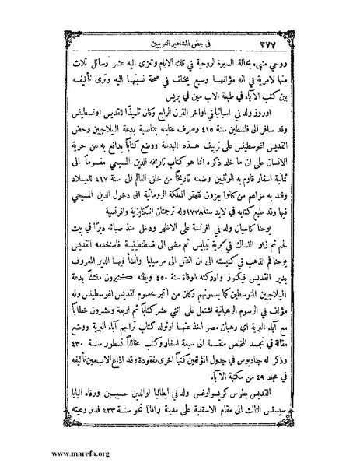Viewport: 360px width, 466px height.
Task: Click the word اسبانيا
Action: click(233, 107)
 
